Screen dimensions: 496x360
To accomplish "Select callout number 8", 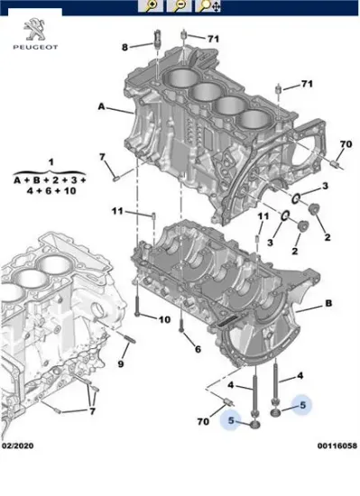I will pos(126,45).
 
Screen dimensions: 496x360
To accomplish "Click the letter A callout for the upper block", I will pos(101,107).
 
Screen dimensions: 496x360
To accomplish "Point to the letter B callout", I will pos(328,304).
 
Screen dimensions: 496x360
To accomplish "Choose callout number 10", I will pos(164,319).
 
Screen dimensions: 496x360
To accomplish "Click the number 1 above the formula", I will pos(51,161).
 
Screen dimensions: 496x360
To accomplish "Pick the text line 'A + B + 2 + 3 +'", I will pos(51,179).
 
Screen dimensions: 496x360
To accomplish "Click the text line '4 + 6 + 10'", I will pos(51,192).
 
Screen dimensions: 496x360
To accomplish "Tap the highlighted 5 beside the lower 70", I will pos(231,419).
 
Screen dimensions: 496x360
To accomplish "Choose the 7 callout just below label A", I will pos(102,158).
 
